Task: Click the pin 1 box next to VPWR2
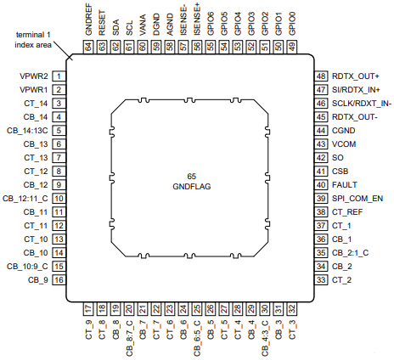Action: point(59,76)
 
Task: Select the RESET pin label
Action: point(102,23)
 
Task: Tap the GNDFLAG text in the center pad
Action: point(192,187)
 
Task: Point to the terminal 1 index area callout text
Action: point(33,40)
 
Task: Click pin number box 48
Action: point(321,76)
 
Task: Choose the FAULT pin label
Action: point(345,185)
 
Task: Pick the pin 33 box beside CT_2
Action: point(321,280)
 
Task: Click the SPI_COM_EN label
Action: point(357,199)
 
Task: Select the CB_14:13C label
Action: point(27,131)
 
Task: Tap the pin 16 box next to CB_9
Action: point(59,280)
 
